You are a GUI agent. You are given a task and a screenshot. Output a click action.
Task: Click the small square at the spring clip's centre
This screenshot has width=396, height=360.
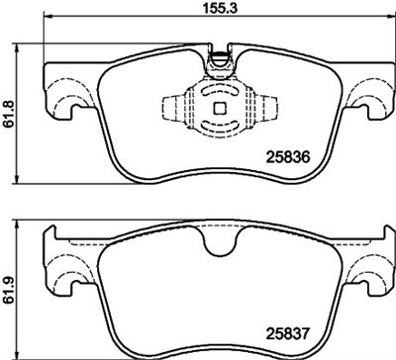pyautogui.click(x=218, y=108)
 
